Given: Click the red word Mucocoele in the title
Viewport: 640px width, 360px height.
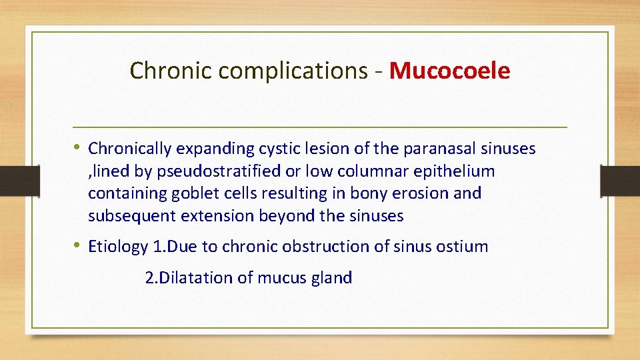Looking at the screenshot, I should tap(449, 70).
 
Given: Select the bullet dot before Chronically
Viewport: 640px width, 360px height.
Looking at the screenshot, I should tap(79, 147).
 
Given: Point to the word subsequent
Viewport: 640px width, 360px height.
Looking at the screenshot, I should tap(127, 216).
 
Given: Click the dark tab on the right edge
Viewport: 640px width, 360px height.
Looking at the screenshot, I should tap(619, 180).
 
